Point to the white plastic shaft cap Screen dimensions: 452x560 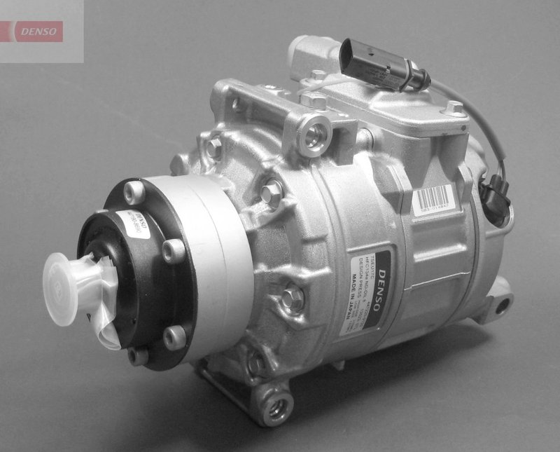click(70, 276)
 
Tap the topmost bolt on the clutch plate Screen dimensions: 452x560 click(134, 191)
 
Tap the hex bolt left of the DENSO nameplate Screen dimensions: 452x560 click(293, 298)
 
